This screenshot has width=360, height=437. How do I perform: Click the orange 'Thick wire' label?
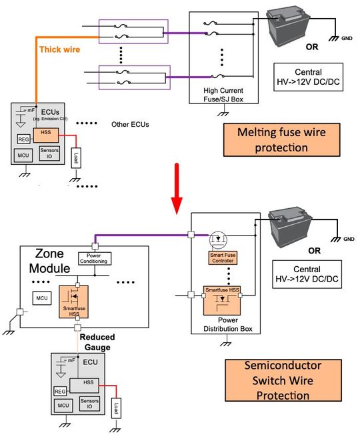pos(60,49)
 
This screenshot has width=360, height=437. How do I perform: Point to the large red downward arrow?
pos(176,194)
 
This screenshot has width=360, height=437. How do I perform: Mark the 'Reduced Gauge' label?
pos(99,343)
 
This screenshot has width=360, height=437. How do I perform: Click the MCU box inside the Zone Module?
pos(41,297)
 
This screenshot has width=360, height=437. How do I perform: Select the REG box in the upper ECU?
pos(22,138)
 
